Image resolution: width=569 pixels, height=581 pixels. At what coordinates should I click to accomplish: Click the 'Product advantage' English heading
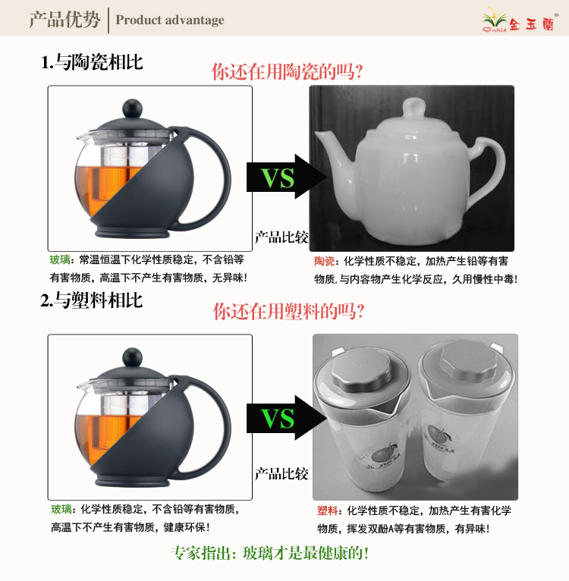170,20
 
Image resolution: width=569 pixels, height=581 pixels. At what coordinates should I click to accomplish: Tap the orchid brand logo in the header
519,20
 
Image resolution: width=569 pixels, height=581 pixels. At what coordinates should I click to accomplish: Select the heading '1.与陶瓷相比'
92,62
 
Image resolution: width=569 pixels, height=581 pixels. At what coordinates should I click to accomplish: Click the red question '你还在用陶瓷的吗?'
287,72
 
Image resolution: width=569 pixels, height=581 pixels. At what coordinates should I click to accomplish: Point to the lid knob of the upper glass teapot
132,108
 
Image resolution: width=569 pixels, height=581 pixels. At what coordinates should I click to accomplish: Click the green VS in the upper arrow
278,178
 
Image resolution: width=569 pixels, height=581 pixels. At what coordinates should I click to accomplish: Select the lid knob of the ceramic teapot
414,108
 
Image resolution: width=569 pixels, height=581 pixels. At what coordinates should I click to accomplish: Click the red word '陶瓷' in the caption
324,261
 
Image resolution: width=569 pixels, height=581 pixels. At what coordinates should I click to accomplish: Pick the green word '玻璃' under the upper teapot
60,259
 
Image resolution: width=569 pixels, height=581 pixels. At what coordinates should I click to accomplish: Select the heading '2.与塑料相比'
92,300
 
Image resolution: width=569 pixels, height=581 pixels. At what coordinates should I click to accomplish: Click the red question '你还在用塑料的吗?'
288,311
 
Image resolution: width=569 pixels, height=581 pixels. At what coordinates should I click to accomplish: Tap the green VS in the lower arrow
278,419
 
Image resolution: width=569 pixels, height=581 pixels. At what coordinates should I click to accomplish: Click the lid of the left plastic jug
361,371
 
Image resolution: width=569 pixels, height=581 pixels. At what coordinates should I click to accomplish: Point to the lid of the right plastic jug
470,361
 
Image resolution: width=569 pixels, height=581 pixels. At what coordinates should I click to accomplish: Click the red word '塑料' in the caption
327,510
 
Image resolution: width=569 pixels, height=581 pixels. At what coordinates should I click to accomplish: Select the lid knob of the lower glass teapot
132,357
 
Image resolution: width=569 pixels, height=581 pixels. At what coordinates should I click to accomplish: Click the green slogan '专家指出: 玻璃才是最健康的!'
270,553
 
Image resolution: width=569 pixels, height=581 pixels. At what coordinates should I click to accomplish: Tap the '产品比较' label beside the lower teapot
281,474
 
